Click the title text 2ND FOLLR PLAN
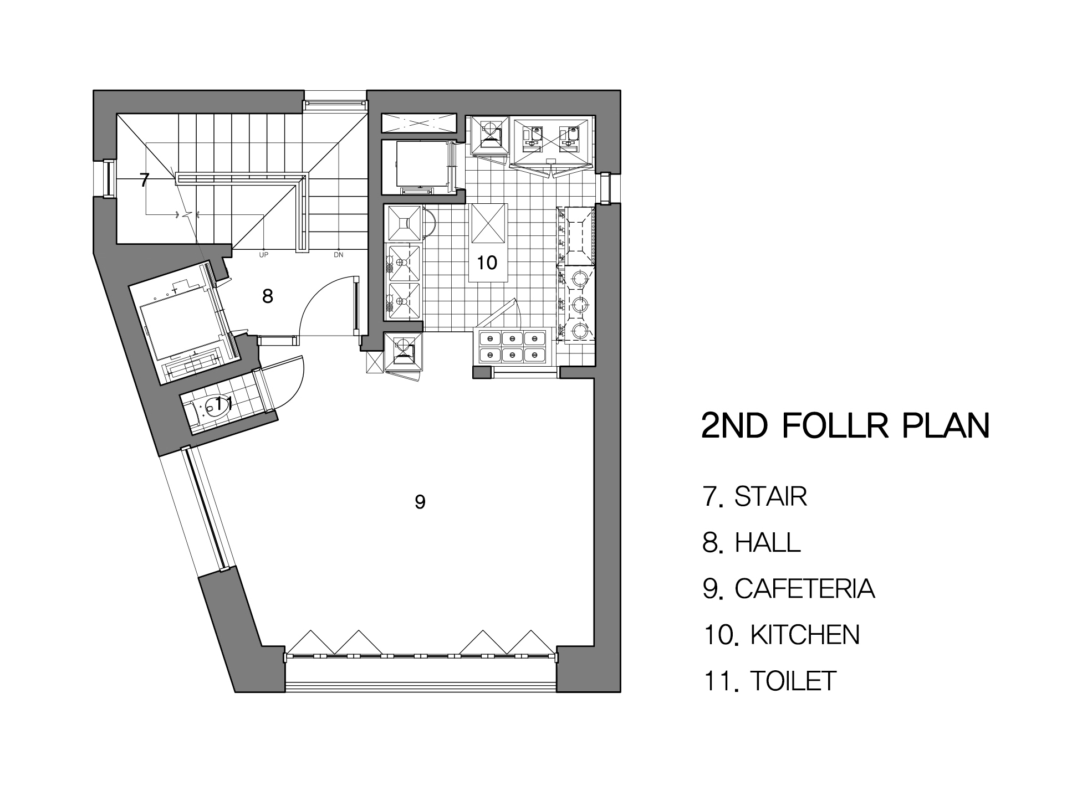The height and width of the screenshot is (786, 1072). pos(845,425)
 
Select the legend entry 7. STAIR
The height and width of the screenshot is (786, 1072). pos(754,496)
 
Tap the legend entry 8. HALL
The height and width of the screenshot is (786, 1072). pos(752,542)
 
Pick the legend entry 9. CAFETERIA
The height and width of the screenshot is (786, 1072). pos(789,588)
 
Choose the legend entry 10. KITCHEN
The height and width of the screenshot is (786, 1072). pos(782,634)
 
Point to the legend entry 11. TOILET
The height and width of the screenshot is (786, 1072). pos(770,680)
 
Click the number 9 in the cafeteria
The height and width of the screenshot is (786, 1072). pos(420,502)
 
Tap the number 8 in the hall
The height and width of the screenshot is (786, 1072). pos(268,296)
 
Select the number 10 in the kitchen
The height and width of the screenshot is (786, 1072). pos(487,262)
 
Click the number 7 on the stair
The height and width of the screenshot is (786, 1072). pos(144,180)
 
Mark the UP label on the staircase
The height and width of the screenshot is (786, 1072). pos(264,255)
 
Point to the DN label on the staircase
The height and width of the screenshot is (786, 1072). pos(339,255)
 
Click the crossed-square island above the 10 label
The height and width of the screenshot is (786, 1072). pos(488,223)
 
